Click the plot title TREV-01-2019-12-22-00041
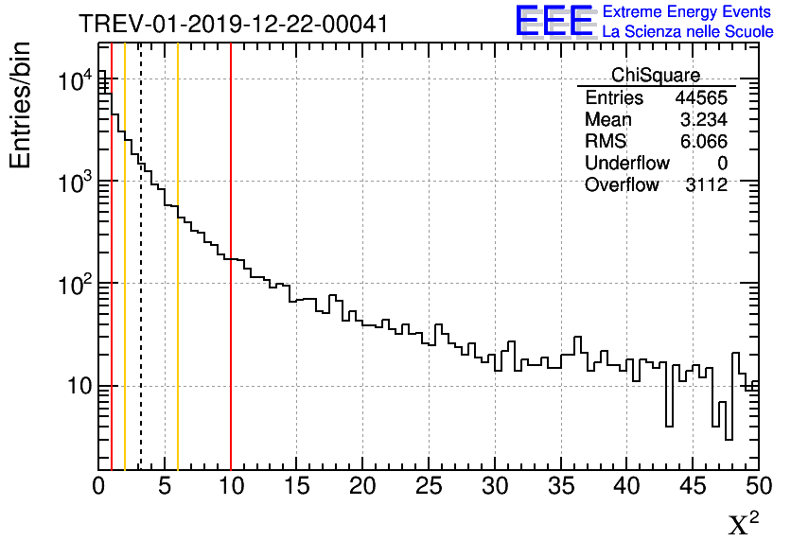tap(233, 24)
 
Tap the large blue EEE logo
tap(554, 21)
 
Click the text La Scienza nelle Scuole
tap(688, 31)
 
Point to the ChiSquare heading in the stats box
tap(656, 76)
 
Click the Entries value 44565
tap(700, 98)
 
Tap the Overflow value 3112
tap(705, 185)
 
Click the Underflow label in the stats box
tap(626, 164)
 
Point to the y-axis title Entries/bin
tap(20, 106)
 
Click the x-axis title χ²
tap(743, 524)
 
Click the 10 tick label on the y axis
tap(72, 386)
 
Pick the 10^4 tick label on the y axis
tap(74, 81)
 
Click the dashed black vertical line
tap(141, 284)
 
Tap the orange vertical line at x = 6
tap(178, 284)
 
